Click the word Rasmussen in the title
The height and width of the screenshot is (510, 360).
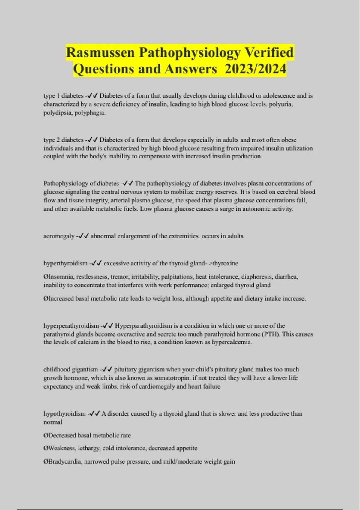tap(100, 53)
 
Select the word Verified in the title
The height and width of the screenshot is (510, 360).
tap(269, 53)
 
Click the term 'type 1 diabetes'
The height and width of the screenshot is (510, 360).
tap(64, 96)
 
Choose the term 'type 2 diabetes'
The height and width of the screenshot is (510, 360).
tap(64, 140)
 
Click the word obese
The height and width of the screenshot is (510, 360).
tap(289, 140)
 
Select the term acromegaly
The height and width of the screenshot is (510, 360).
tap(59, 236)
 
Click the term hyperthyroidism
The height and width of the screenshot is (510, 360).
tap(65, 263)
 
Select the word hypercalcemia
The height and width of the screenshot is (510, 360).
tap(231, 342)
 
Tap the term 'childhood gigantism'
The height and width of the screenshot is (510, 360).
tap(71, 369)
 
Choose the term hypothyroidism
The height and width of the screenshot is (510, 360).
tap(64, 414)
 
